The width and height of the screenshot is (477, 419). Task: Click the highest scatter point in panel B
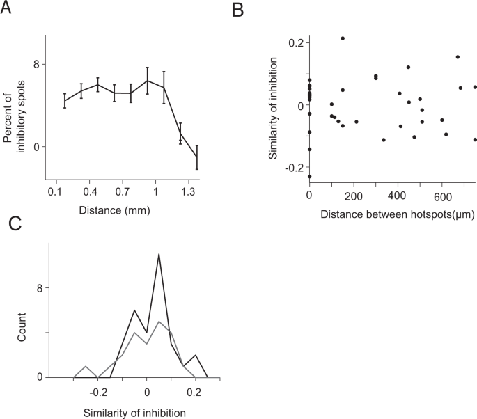click(343, 38)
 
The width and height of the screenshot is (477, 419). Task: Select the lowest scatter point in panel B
click(309, 177)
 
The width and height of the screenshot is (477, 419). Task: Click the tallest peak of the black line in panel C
click(159, 254)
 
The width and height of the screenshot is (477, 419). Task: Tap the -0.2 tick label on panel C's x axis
click(97, 390)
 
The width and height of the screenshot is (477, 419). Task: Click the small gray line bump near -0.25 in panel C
click(85, 367)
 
